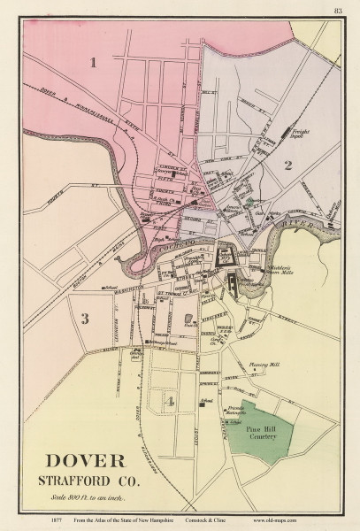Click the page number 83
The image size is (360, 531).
tap(338, 11)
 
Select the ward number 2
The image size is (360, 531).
tap(287, 165)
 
